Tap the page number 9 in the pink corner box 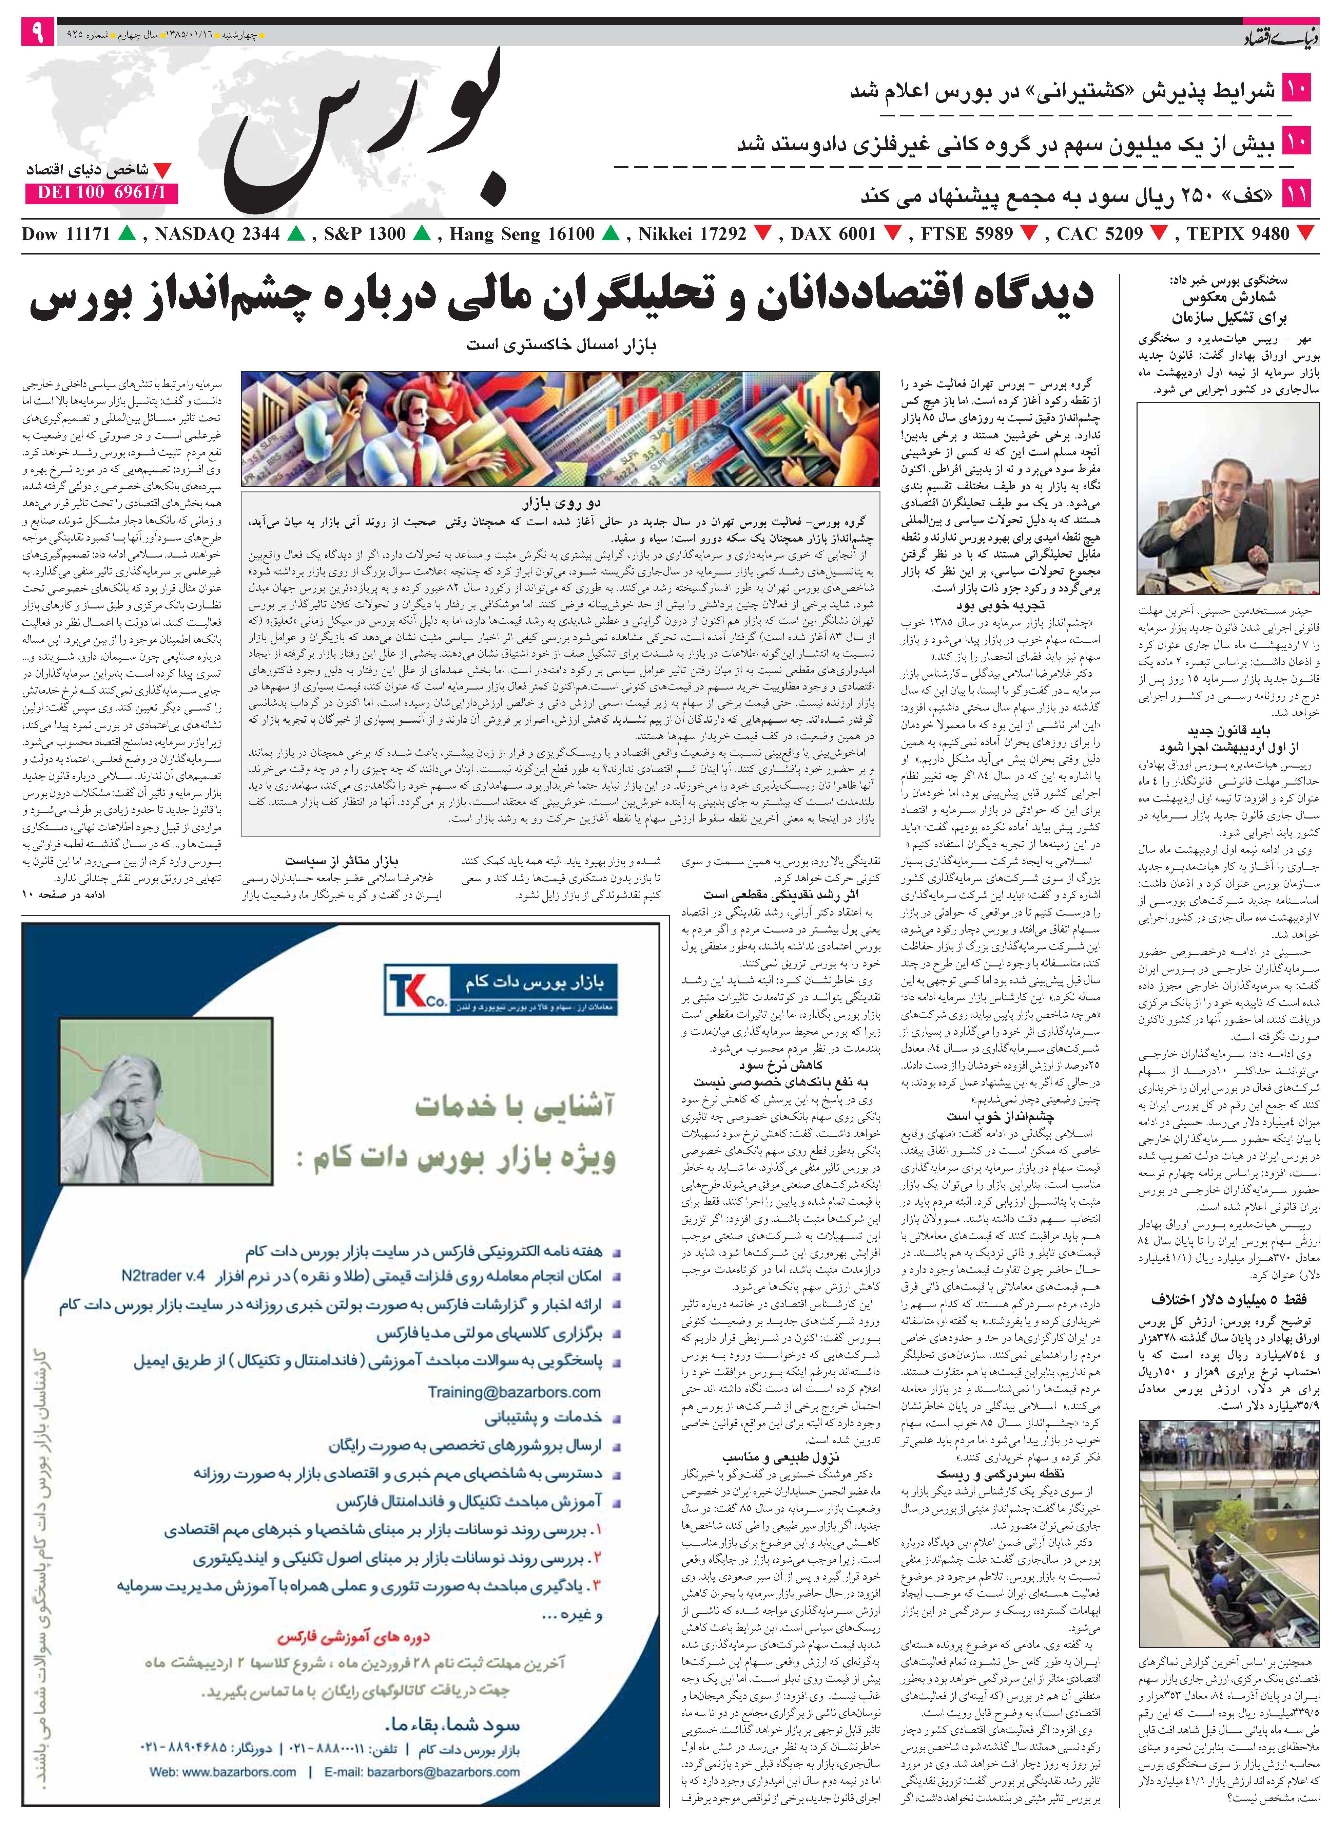(x=37, y=34)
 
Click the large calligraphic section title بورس (x=365, y=130)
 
